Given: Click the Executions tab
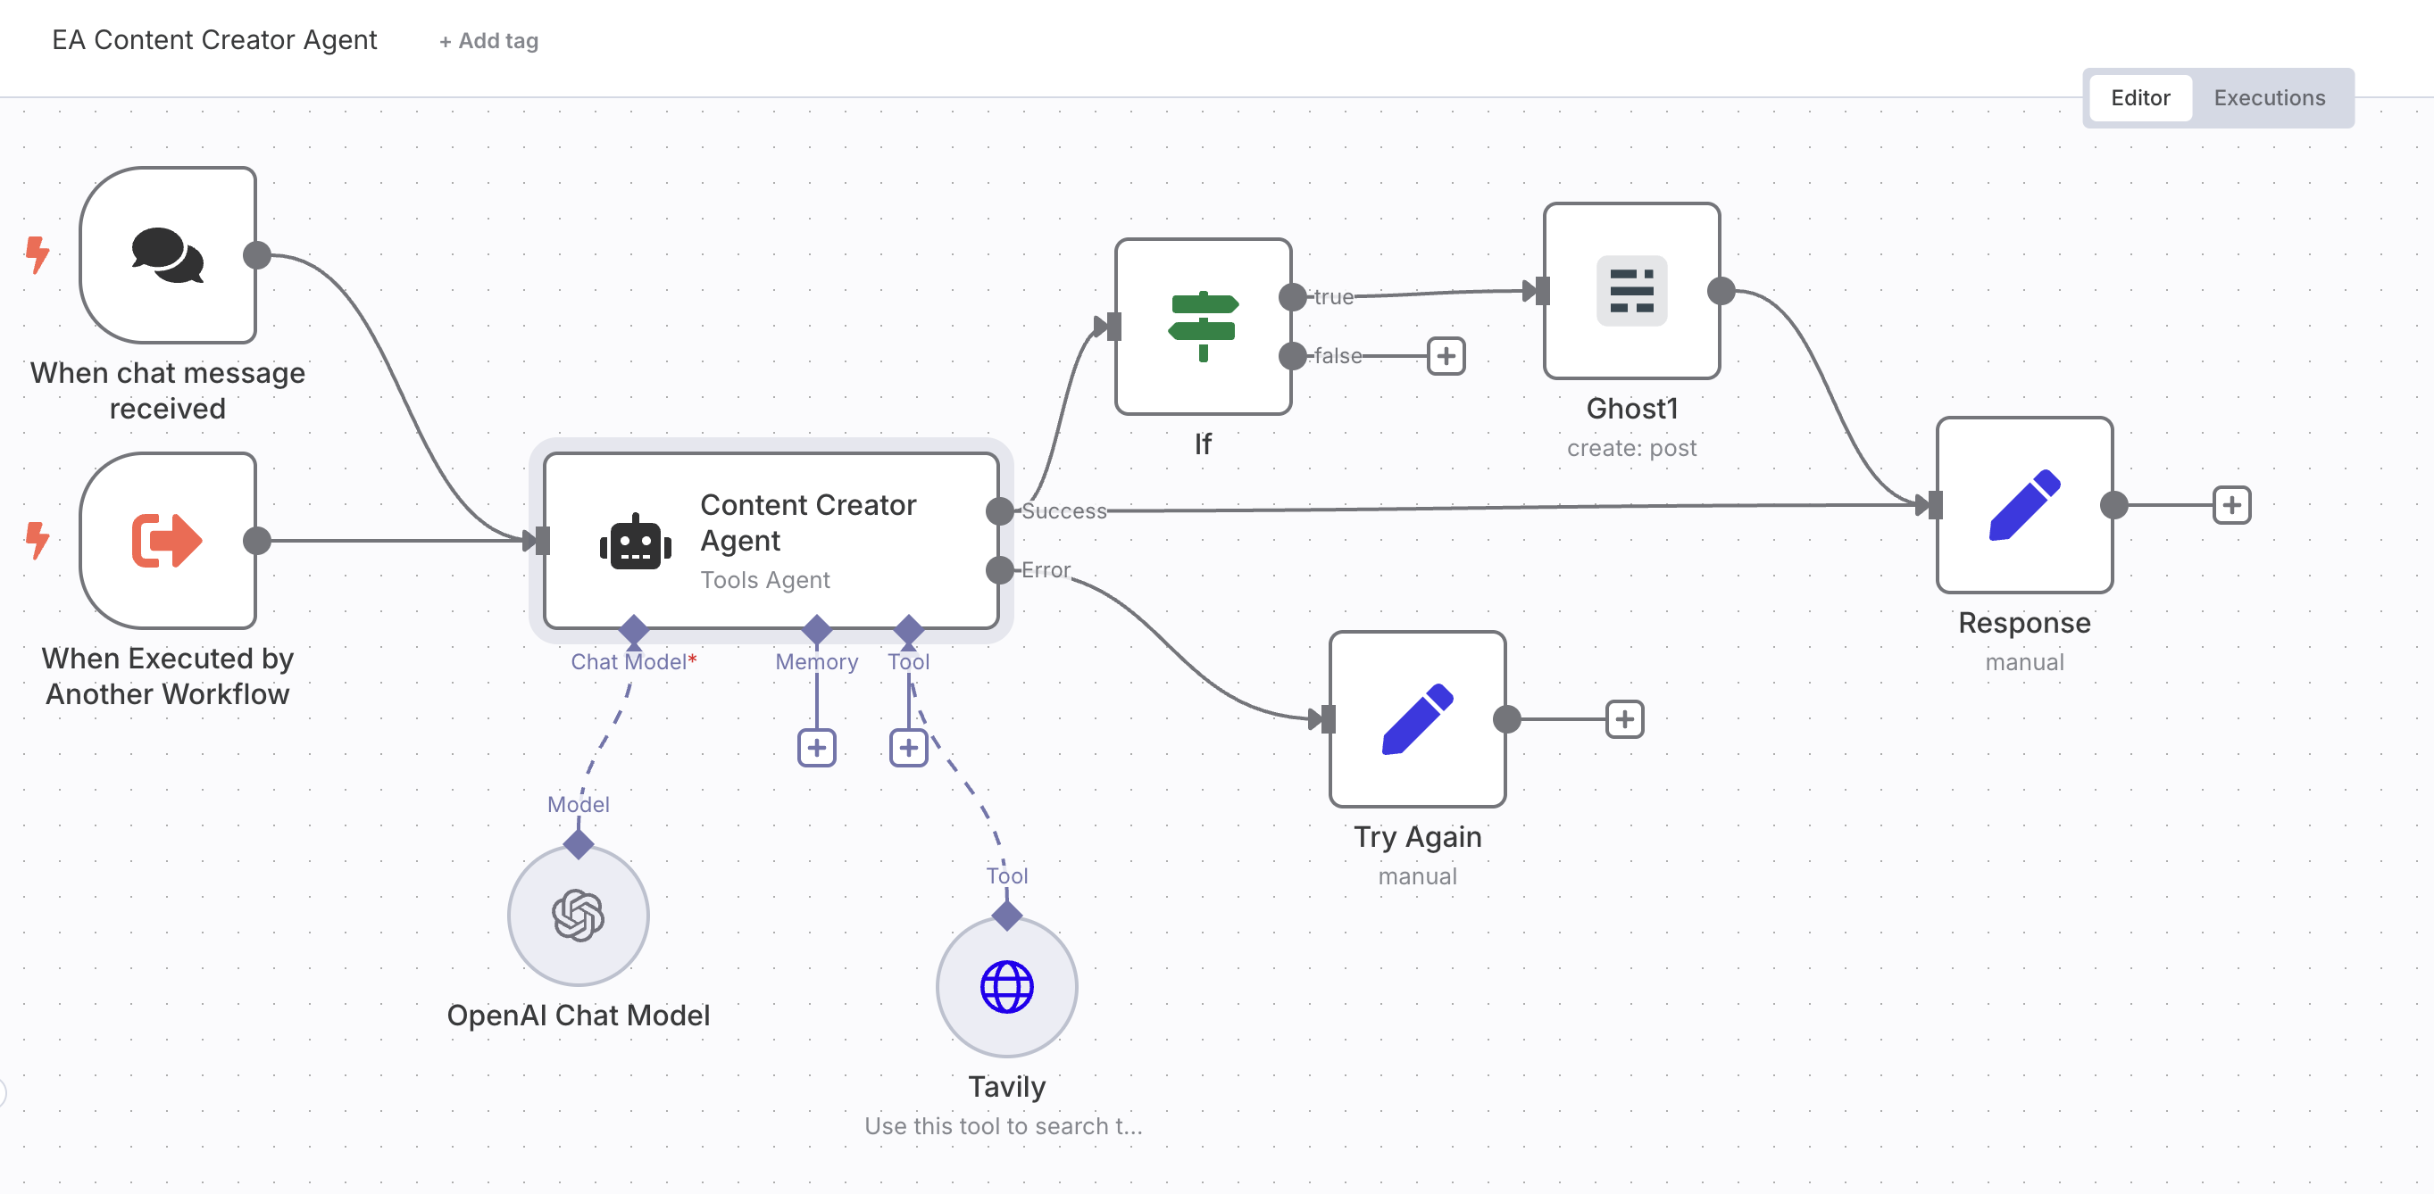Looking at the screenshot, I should coord(2269,98).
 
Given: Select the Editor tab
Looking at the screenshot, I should coord(2139,98).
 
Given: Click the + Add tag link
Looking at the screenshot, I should coord(488,41).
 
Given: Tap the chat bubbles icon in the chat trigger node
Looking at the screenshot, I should coord(167,255).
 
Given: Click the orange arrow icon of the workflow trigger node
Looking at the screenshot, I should coord(167,540).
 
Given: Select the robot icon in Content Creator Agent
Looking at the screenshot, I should coord(635,543).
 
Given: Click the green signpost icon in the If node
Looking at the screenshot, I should coord(1202,326).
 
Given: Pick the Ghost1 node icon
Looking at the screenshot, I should coord(1631,291).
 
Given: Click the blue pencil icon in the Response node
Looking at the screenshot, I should coord(2024,504).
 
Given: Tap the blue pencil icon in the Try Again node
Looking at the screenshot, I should coord(1416,719).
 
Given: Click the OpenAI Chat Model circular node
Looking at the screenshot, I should coord(579,915).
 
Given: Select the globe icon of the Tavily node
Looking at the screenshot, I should coord(1006,986).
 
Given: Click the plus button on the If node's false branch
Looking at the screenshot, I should coord(1446,356).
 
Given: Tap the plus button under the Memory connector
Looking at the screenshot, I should coord(816,748).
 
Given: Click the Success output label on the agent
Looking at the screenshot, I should coord(1063,511).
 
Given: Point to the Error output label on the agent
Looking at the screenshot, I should coord(1045,570).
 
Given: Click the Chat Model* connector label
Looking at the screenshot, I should coord(632,662).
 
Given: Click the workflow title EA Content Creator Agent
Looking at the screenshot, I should coord(214,41).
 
